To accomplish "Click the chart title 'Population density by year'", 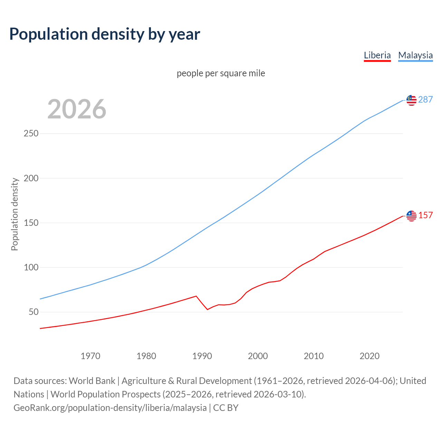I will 105,34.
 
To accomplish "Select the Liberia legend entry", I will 377,55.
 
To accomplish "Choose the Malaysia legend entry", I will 415,55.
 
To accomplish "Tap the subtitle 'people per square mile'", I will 221,73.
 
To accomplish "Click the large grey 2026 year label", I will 77,109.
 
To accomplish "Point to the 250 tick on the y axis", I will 31,134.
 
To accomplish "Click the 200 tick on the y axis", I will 31,178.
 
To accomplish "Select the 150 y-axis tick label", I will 31,223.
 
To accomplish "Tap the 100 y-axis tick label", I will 31,268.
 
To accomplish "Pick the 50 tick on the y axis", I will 33,312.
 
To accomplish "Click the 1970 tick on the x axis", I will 90,356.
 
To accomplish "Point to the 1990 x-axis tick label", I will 202,356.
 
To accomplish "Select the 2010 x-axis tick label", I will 314,356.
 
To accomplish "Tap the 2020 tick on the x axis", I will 369,356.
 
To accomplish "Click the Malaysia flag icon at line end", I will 411,100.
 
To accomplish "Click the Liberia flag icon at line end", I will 411,216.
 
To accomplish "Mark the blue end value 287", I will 425,100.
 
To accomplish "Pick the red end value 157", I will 425,215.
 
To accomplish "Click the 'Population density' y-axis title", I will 15,214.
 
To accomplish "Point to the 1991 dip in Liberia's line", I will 208,309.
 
